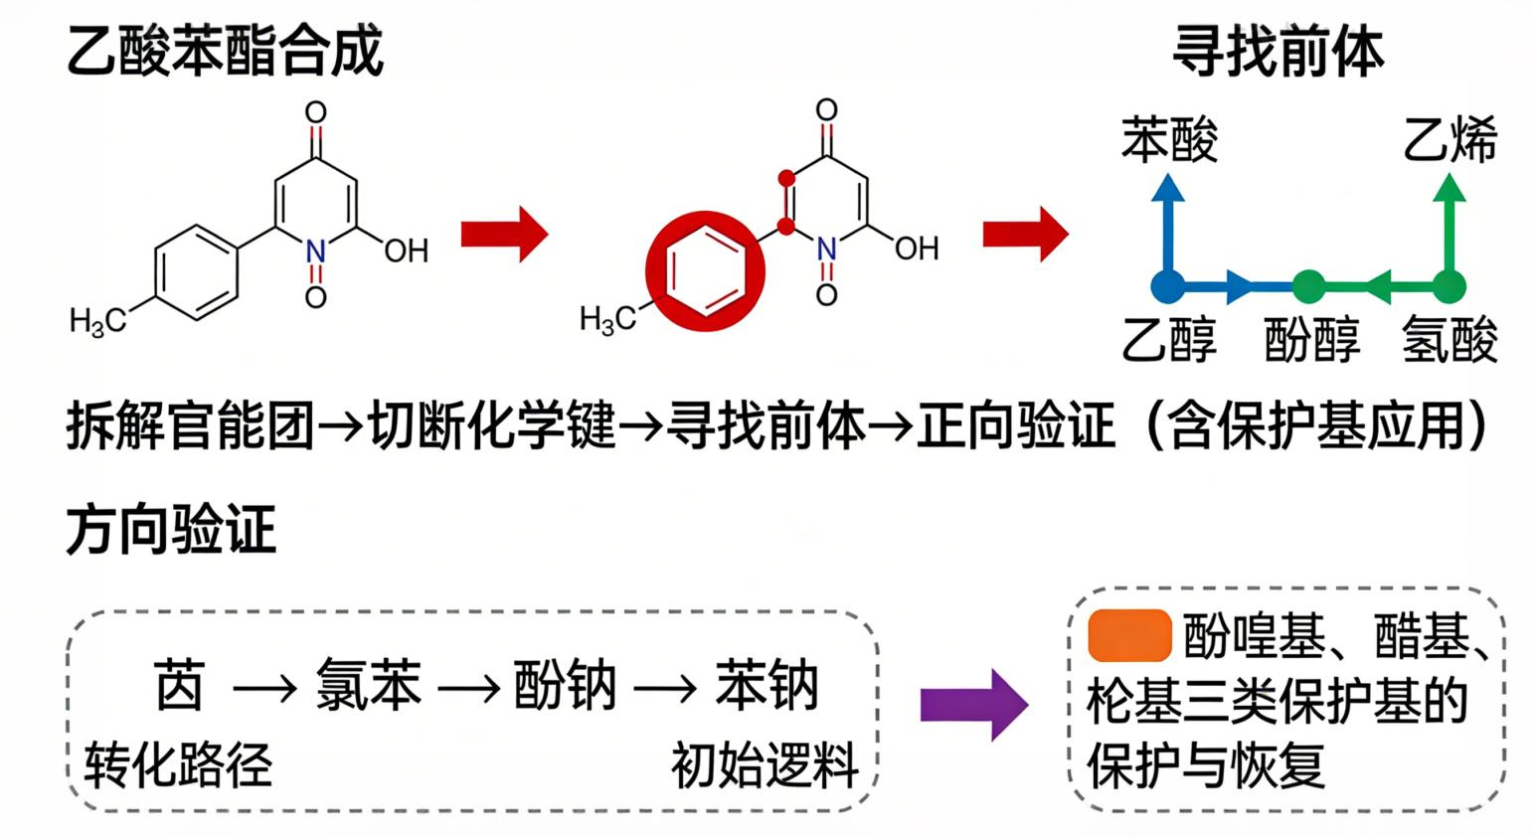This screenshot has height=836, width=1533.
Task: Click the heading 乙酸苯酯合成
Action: pyautogui.click(x=225, y=49)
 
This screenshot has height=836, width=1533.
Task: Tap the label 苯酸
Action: pyautogui.click(x=1169, y=139)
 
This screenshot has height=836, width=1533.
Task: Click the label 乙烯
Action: pyautogui.click(x=1449, y=139)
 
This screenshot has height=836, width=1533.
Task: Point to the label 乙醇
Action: pyautogui.click(x=1169, y=339)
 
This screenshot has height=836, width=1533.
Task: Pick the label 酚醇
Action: pyautogui.click(x=1310, y=339)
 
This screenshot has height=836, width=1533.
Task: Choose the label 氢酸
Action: pyautogui.click(x=1449, y=339)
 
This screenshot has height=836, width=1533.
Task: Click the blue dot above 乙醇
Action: pyautogui.click(x=1168, y=286)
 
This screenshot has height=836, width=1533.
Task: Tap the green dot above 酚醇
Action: pyautogui.click(x=1309, y=286)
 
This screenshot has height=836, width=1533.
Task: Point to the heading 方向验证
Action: pyautogui.click(x=171, y=529)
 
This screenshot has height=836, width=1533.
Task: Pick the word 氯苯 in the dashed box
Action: pyautogui.click(x=368, y=685)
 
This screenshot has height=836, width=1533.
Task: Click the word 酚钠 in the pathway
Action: pyautogui.click(x=565, y=685)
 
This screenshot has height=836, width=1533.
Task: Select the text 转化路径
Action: pyautogui.click(x=178, y=764)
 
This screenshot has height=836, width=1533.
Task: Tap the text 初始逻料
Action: pyautogui.click(x=764, y=764)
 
